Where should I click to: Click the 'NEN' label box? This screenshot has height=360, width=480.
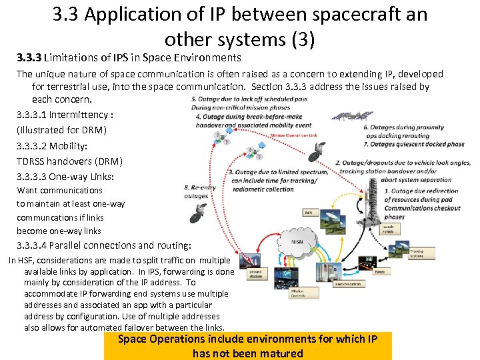[309, 213]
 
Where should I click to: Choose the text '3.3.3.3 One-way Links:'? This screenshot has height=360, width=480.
[65, 177]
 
